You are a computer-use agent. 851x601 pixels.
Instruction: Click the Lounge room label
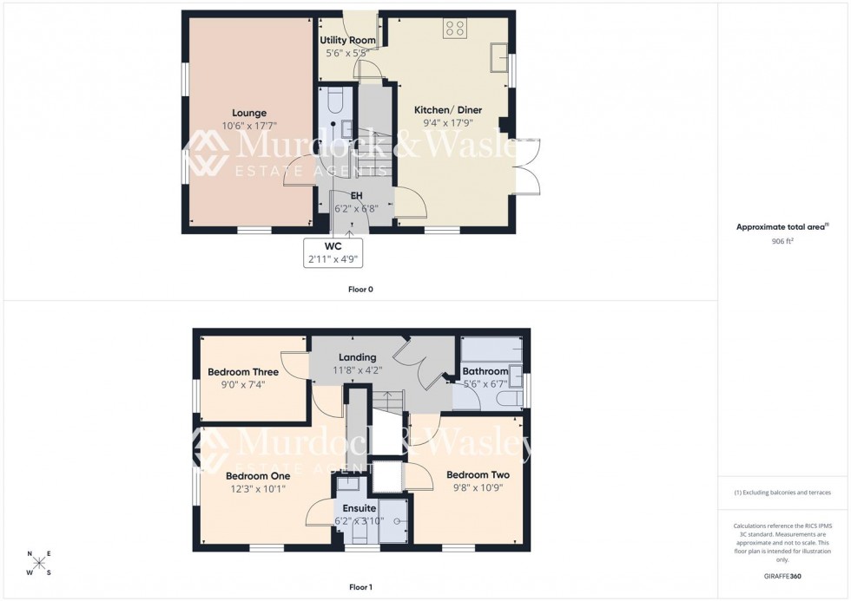click(249, 113)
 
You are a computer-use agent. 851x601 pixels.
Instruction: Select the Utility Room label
click(347, 41)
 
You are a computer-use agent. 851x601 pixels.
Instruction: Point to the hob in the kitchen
click(454, 29)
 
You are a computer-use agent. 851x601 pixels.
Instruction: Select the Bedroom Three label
click(243, 372)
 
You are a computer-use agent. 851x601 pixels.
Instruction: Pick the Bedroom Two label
click(478, 475)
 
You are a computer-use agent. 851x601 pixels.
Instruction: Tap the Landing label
click(357, 357)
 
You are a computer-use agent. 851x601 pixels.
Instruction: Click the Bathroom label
click(485, 372)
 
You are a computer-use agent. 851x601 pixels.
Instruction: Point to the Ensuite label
click(359, 508)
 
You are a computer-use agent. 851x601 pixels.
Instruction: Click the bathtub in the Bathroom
click(491, 349)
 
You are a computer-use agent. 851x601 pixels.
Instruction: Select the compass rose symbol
click(39, 563)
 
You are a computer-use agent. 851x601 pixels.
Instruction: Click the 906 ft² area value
click(782, 241)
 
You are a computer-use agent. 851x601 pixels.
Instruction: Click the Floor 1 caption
click(360, 587)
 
